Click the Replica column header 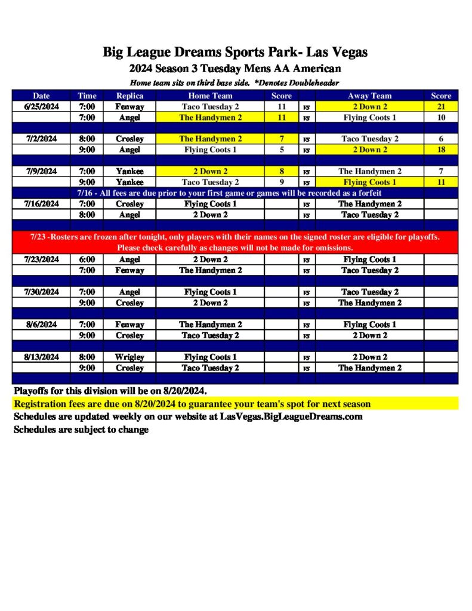point(129,95)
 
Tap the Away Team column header point(369,95)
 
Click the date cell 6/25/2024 point(41,106)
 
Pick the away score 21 point(441,106)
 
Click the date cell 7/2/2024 point(41,139)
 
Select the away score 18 point(441,150)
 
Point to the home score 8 point(282,171)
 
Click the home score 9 point(282,182)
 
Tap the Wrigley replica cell point(129,357)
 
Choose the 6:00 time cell point(87,260)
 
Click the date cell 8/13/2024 point(41,357)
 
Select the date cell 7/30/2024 point(41,292)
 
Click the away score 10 point(441,118)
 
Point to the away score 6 point(441,139)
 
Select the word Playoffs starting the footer point(33,391)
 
